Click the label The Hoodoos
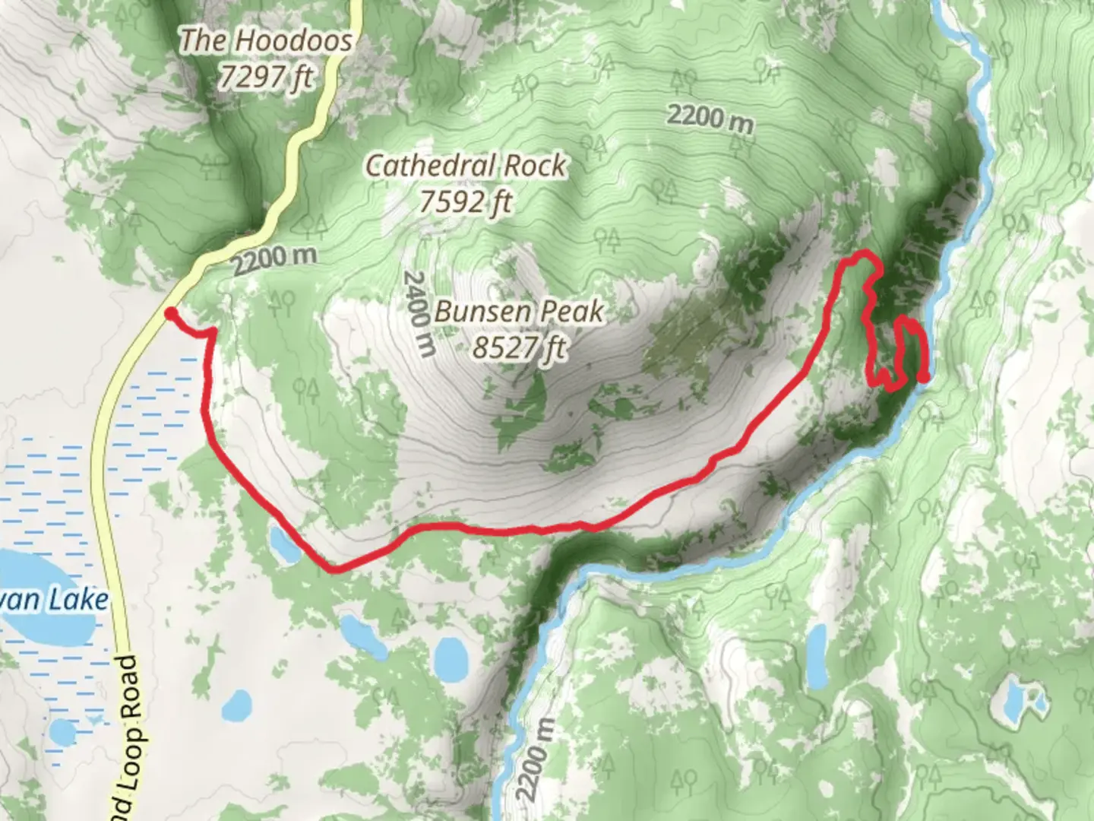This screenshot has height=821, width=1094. coord(265,40)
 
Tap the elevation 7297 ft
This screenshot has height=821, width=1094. coord(265,76)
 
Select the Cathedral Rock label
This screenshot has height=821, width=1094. coord(465,165)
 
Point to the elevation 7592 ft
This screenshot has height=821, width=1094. coord(465,201)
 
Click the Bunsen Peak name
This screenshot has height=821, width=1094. coord(519,311)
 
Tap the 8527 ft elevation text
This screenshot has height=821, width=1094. coord(519,347)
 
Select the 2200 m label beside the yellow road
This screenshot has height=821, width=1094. coord(273,261)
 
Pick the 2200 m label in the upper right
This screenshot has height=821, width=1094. coord(710,119)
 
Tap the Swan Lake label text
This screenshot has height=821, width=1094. coord(57,601)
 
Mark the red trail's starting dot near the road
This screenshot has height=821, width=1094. coord(171,313)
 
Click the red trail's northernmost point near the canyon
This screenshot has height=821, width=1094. coord(862,256)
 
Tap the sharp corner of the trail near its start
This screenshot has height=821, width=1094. coord(213,331)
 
